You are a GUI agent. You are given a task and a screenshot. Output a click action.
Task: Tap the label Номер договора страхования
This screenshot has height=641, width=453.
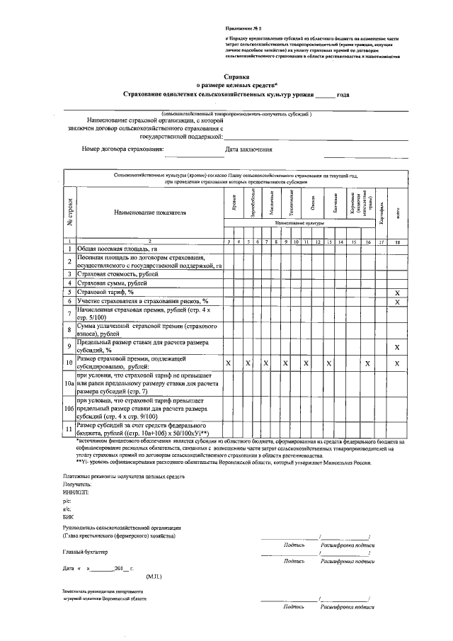click(122, 149)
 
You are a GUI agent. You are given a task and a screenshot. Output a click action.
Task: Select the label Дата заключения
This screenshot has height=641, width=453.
click(248, 149)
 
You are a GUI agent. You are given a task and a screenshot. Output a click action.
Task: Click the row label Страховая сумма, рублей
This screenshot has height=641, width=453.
click(117, 283)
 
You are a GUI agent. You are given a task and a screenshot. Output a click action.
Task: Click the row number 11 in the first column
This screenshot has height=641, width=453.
click(69, 429)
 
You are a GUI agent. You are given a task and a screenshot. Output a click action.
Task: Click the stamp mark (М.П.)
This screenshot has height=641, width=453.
click(155, 577)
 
